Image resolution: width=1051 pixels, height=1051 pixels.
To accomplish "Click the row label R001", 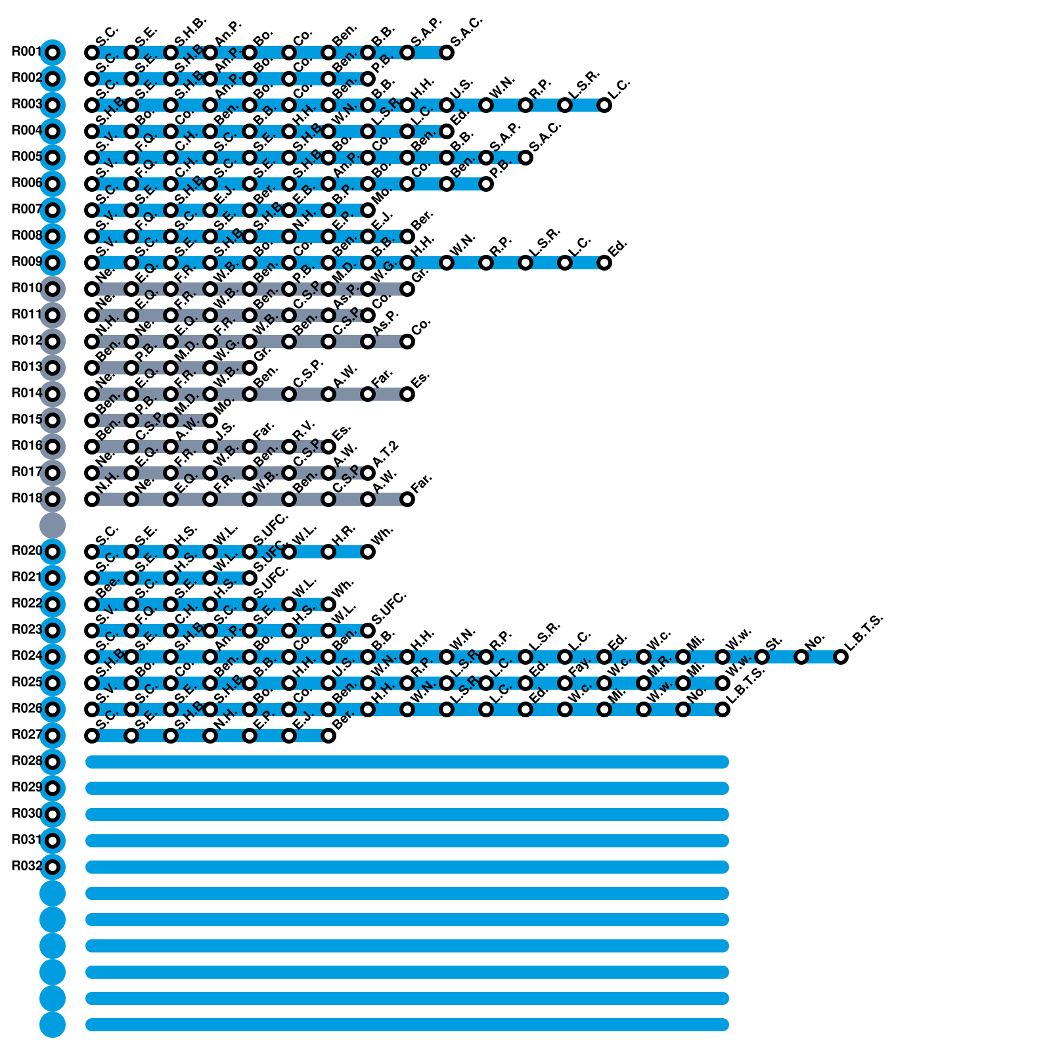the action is (x=26, y=52).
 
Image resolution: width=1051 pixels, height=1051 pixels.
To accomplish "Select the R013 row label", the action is (x=26, y=367).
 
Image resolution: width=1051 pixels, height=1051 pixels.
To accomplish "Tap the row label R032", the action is (x=26, y=866).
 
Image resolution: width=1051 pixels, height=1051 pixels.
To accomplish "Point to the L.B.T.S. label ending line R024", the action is (x=864, y=633).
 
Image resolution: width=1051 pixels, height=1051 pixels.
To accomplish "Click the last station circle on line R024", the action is (x=841, y=657).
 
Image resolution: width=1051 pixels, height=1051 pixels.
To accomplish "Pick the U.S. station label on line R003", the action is (x=462, y=87).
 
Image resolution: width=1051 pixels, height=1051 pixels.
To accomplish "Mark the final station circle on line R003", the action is (x=604, y=105).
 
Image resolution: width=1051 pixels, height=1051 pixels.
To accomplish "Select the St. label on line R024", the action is (x=774, y=640).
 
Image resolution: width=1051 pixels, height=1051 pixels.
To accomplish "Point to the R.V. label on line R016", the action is (x=304, y=430).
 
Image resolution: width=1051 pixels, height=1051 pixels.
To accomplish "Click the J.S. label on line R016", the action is (x=225, y=430).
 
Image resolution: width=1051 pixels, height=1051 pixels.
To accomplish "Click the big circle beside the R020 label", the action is (x=53, y=552).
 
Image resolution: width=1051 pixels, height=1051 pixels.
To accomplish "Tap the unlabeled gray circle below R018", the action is (x=53, y=525).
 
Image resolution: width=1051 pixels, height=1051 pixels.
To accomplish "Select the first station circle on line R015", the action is (x=92, y=420).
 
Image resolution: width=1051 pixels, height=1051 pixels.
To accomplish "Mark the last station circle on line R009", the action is (x=604, y=263).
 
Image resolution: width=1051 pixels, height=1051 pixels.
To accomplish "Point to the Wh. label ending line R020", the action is (x=382, y=535).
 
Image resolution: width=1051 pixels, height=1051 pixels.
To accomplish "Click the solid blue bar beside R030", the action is (x=407, y=815).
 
